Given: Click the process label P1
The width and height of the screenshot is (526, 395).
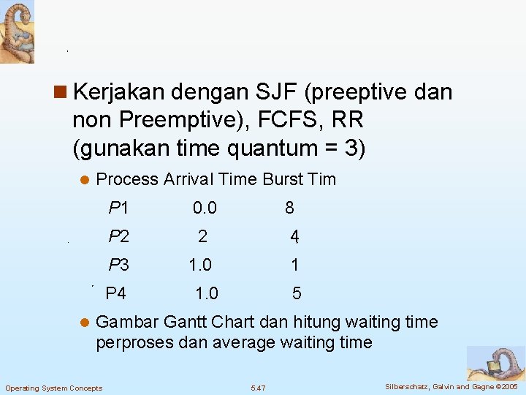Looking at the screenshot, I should click(x=118, y=208).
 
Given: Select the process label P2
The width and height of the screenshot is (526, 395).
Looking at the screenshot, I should click(x=118, y=236).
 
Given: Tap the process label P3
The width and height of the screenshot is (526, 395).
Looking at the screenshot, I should click(x=118, y=265).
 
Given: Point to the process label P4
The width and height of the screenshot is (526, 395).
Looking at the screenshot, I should click(x=116, y=294).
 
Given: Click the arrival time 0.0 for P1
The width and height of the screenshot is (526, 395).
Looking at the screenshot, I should click(x=205, y=208).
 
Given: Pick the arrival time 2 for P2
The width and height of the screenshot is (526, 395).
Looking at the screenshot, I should click(x=202, y=236).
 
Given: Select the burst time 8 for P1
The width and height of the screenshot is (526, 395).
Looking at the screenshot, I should click(x=290, y=208).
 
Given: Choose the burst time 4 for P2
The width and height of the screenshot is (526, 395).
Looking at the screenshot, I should click(x=294, y=236).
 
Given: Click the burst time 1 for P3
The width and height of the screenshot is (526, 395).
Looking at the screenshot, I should click(x=294, y=265).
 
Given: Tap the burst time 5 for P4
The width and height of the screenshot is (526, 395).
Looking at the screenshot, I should click(x=297, y=294).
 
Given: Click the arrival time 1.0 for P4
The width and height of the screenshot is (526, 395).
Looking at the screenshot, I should click(x=207, y=294).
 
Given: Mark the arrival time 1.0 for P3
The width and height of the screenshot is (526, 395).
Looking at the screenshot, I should click(x=200, y=265).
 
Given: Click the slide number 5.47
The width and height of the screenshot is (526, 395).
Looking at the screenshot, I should click(x=258, y=387).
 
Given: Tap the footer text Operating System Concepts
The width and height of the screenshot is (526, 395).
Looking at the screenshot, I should click(x=54, y=388).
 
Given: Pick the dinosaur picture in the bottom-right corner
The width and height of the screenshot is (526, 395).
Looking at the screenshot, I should click(x=496, y=363).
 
